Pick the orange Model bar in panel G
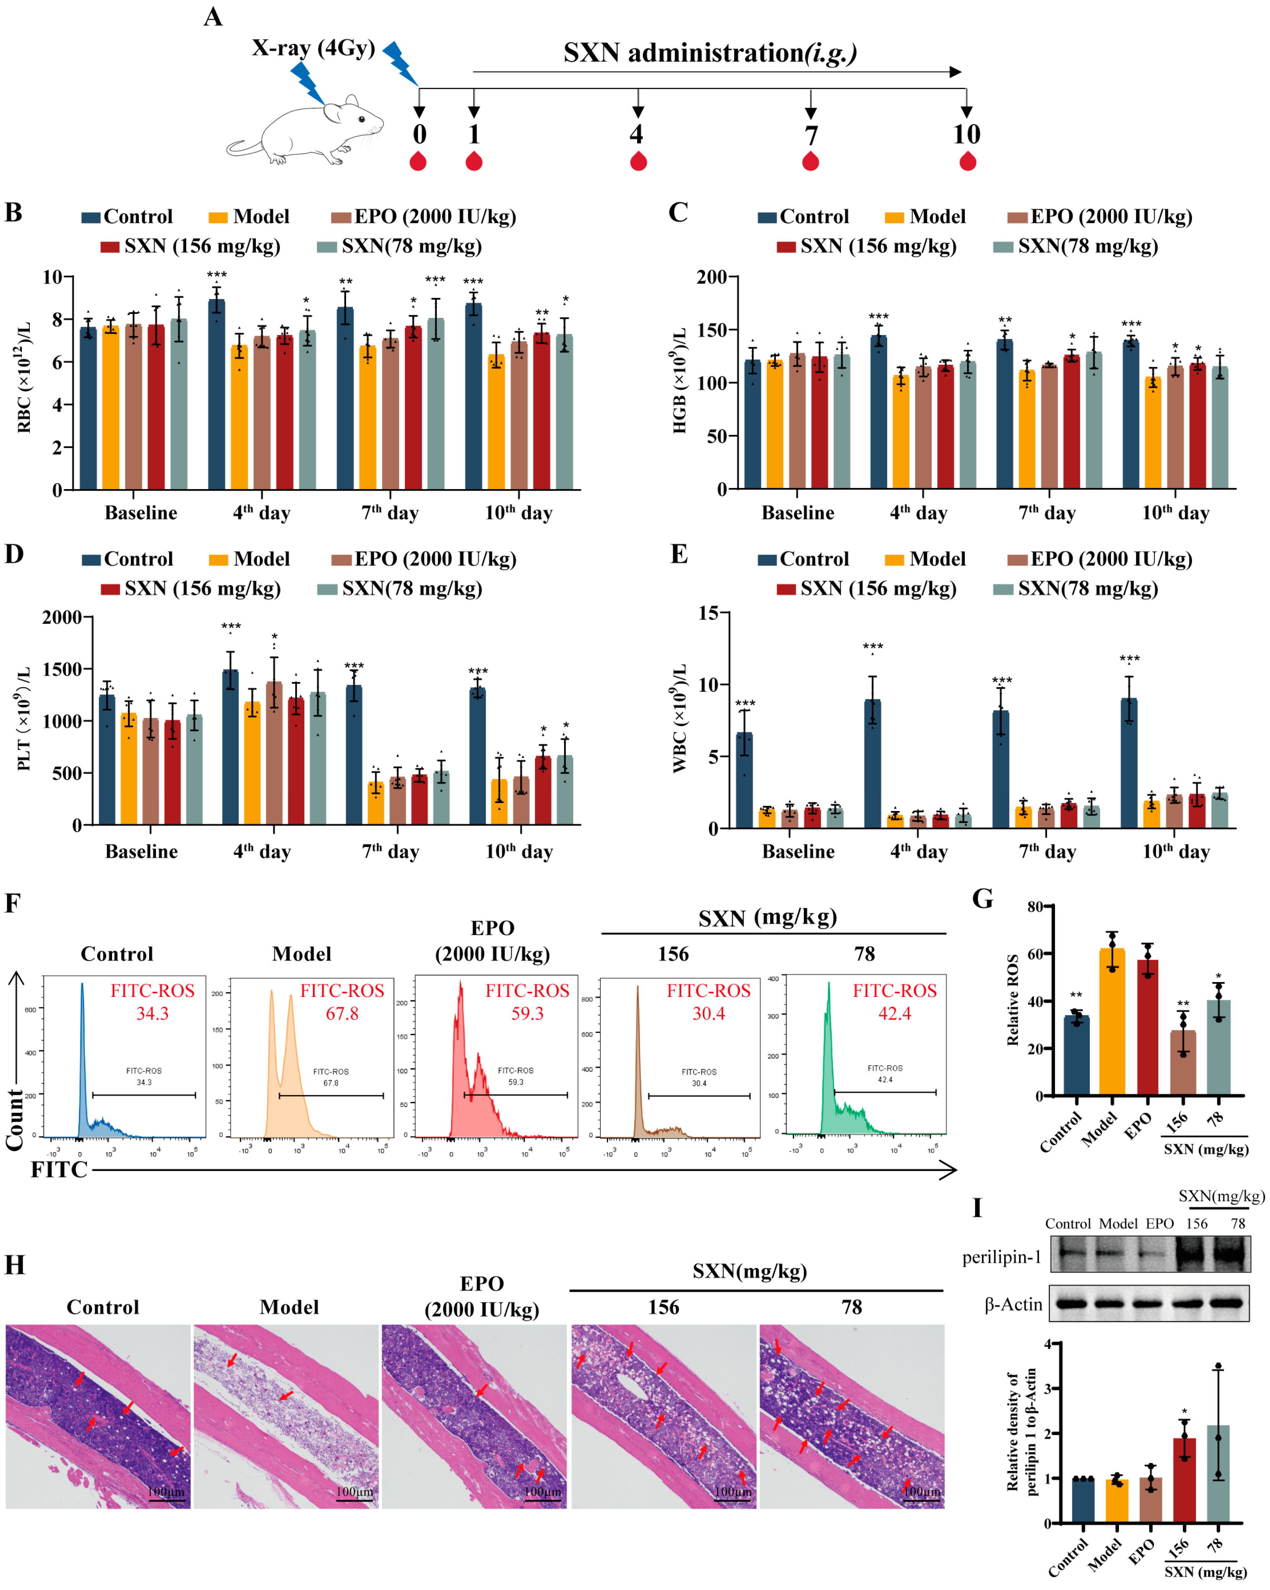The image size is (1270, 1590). [x=1111, y=1021]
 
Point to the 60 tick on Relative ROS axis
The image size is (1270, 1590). [x=1035, y=954]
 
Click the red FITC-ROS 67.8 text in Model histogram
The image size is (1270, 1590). [x=341, y=1001]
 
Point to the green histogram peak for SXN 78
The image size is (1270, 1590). [x=828, y=988]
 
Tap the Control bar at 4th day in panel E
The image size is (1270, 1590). [x=872, y=763]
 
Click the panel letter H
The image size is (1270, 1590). [x=15, y=1265]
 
